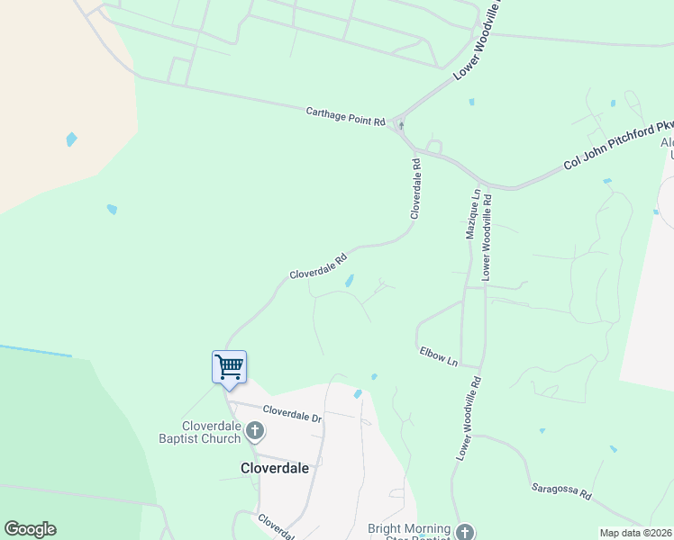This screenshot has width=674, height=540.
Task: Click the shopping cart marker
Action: [229, 366]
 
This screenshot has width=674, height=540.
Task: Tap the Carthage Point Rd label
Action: [345, 115]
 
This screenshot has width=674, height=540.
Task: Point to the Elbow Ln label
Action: [439, 356]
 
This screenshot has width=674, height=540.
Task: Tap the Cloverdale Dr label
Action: [291, 413]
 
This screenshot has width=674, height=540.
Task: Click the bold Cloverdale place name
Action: [275, 468]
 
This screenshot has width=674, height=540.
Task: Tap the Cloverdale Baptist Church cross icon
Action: [254, 432]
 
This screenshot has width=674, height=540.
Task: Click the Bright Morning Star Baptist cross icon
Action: [464, 532]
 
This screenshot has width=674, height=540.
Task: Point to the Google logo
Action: [30, 529]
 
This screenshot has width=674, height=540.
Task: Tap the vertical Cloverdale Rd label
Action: [416, 189]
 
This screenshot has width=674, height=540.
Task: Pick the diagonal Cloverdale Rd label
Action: [318, 265]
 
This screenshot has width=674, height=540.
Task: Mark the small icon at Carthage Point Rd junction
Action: [400, 125]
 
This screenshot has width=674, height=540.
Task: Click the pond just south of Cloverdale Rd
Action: [349, 281]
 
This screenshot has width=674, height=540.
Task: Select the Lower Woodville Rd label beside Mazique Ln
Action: [487, 236]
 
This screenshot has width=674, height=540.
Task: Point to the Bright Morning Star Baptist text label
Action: [410, 532]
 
